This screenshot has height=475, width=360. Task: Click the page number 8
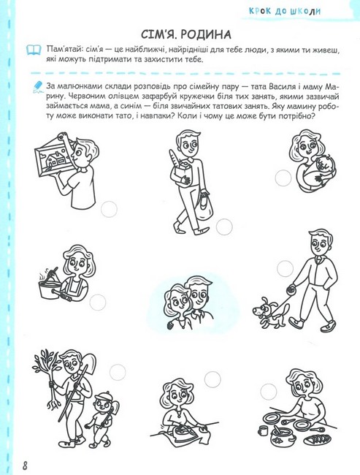point(25,465)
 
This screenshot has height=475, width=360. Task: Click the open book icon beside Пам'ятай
point(34,50)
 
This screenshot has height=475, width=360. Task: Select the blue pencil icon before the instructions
point(37,85)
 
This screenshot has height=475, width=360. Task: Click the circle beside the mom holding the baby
point(283,178)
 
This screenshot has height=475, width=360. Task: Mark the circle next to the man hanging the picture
point(109,209)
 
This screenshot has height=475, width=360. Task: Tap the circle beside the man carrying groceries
point(224,227)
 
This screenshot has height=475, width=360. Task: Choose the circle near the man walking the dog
point(285,268)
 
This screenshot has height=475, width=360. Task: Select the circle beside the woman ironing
point(212,379)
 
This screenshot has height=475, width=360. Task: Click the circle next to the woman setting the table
point(269,392)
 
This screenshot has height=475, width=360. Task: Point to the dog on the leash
point(267,313)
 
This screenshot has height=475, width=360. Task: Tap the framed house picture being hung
point(52,157)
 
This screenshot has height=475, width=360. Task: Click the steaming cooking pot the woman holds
point(50,289)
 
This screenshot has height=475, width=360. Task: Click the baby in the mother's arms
point(323,166)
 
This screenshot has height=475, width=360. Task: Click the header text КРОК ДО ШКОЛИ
point(284,11)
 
